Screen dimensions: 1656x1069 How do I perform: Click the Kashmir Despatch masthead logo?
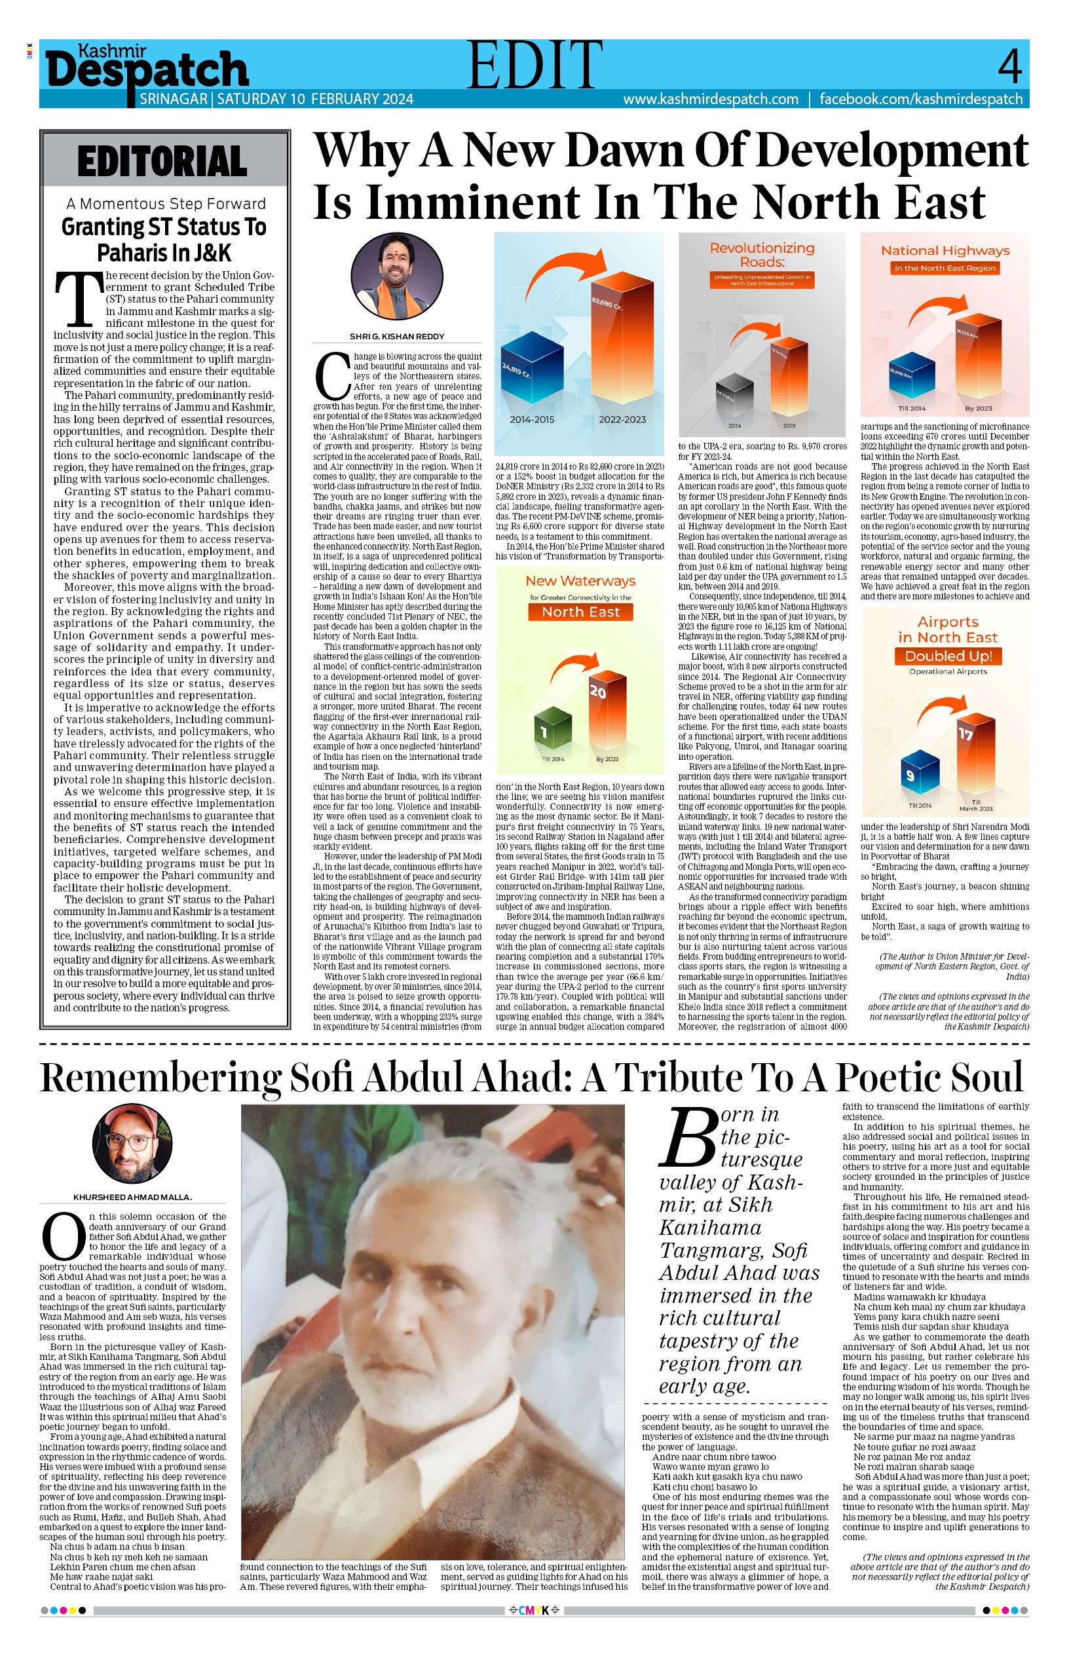(147, 69)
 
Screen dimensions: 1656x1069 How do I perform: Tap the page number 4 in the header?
(1009, 66)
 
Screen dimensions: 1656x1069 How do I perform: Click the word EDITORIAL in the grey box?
(162, 162)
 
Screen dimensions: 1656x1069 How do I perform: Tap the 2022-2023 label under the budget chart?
(622, 419)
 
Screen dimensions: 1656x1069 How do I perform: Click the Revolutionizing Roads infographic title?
(762, 254)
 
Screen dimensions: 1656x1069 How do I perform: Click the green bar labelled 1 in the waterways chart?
(553, 728)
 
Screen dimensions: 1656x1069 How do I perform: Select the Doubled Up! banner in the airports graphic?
(948, 656)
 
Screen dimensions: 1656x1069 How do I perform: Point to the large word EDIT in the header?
(534, 66)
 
